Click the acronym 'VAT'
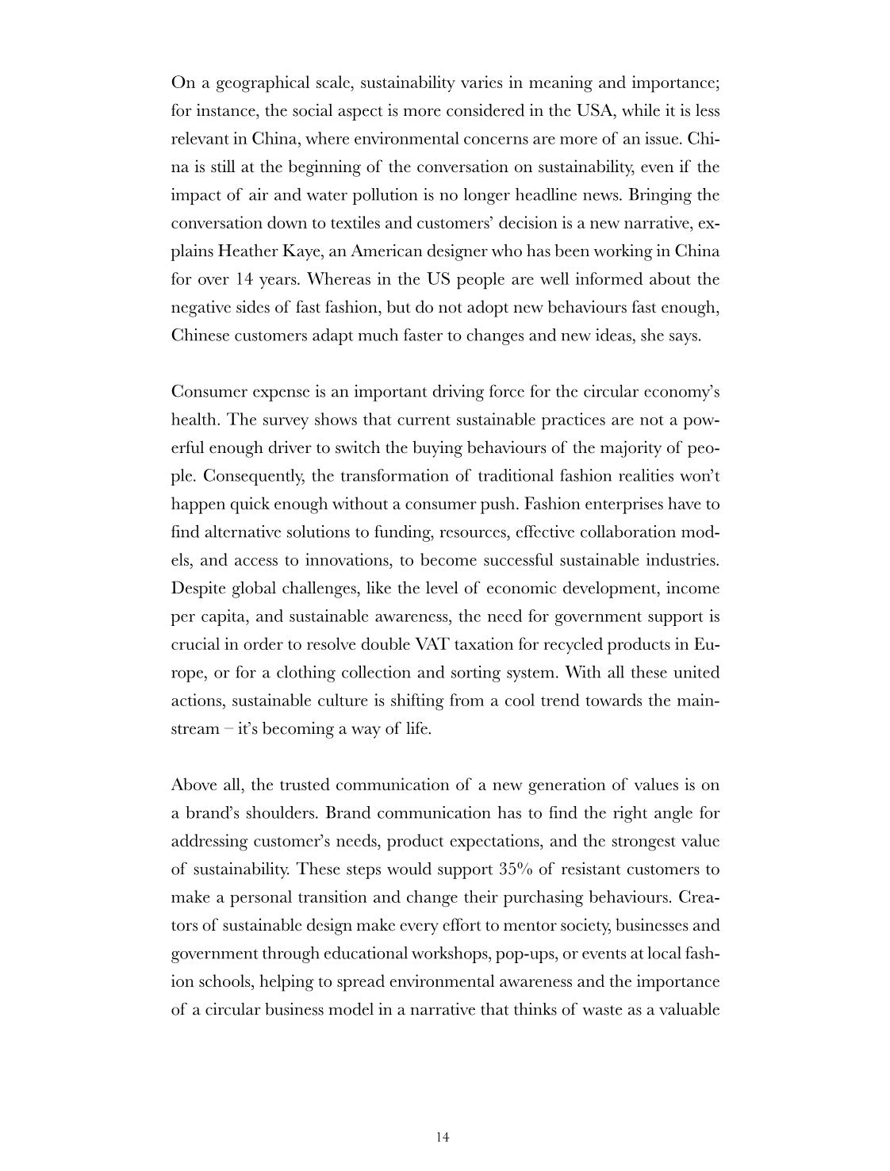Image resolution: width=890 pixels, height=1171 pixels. click(x=433, y=644)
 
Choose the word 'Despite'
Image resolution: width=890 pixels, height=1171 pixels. click(x=198, y=589)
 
